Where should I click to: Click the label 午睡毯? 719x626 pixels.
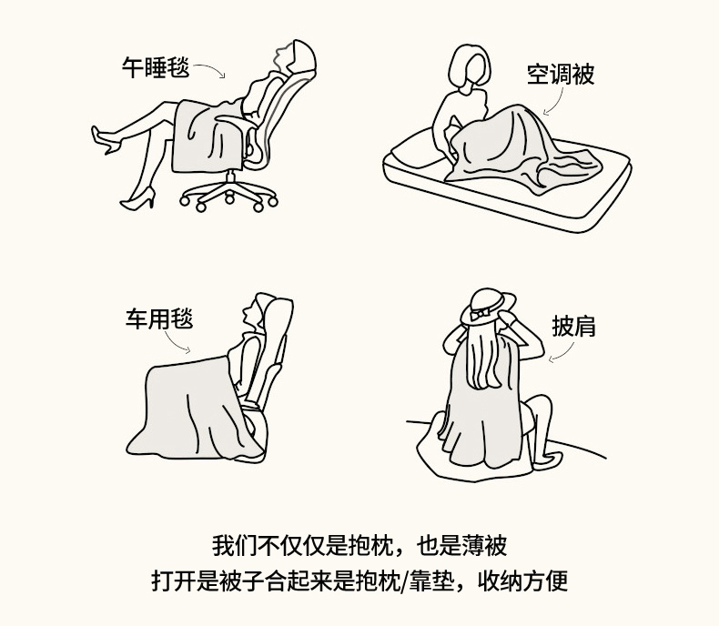(x=156, y=68)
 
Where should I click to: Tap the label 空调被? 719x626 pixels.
(x=561, y=75)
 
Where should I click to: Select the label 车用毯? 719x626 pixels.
(x=159, y=319)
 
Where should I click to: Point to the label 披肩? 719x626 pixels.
(x=573, y=327)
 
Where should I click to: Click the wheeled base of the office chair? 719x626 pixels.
(x=228, y=194)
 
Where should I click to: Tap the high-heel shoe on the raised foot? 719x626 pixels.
(x=105, y=140)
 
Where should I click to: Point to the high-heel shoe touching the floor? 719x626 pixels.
(x=137, y=200)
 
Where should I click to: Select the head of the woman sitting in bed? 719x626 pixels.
(x=469, y=68)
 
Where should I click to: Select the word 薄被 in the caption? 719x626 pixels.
(x=484, y=545)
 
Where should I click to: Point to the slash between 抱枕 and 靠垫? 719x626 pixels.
(x=403, y=581)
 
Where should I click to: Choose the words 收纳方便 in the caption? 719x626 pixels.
(x=522, y=581)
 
